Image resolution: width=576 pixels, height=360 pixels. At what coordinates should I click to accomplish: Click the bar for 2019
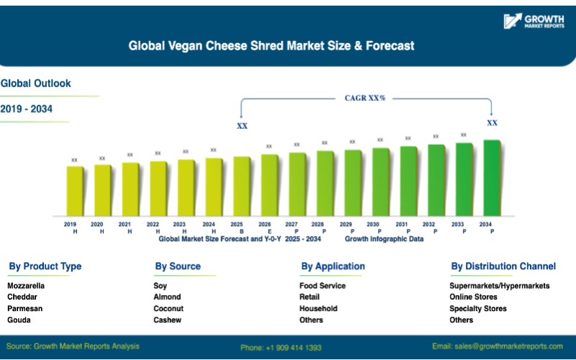point(75,191)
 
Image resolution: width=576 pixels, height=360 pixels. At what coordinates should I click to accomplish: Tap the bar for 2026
point(269,184)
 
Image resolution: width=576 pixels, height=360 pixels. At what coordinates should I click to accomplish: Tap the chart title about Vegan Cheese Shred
point(271,46)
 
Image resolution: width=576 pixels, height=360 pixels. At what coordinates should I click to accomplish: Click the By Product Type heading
point(45,266)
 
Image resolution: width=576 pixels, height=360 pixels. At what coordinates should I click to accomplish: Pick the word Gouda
point(19,320)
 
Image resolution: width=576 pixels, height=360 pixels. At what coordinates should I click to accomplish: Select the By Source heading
point(177,266)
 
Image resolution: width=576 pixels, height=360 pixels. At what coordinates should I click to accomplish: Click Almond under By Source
point(167,297)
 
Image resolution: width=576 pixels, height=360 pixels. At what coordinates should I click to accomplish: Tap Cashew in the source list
point(167,320)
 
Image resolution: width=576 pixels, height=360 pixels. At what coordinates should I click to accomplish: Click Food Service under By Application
point(323,286)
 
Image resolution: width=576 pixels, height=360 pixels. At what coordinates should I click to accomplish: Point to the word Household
point(320,308)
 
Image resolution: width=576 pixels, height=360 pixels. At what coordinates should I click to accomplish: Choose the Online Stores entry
point(474,297)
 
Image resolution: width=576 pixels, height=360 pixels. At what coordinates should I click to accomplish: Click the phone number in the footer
point(281,347)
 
